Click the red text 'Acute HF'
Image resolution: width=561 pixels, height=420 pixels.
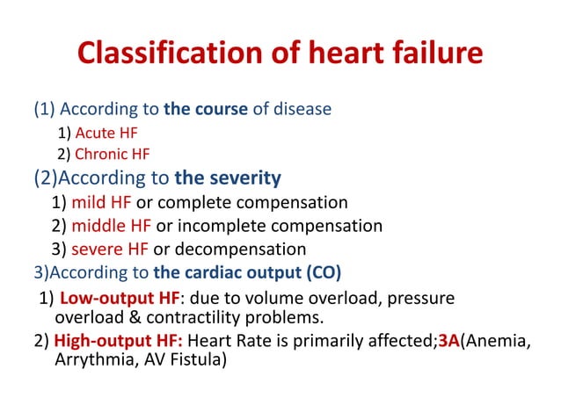(106, 134)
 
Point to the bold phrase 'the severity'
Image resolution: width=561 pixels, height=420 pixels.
(228, 179)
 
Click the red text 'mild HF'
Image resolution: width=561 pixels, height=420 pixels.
(101, 203)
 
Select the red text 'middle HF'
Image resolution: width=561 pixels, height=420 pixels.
(110, 226)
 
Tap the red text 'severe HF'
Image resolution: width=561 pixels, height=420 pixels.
(111, 249)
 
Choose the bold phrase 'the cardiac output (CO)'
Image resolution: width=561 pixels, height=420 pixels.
(247, 271)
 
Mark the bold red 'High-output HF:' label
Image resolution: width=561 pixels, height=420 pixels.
(118, 341)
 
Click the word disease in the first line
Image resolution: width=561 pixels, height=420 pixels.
(301, 111)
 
